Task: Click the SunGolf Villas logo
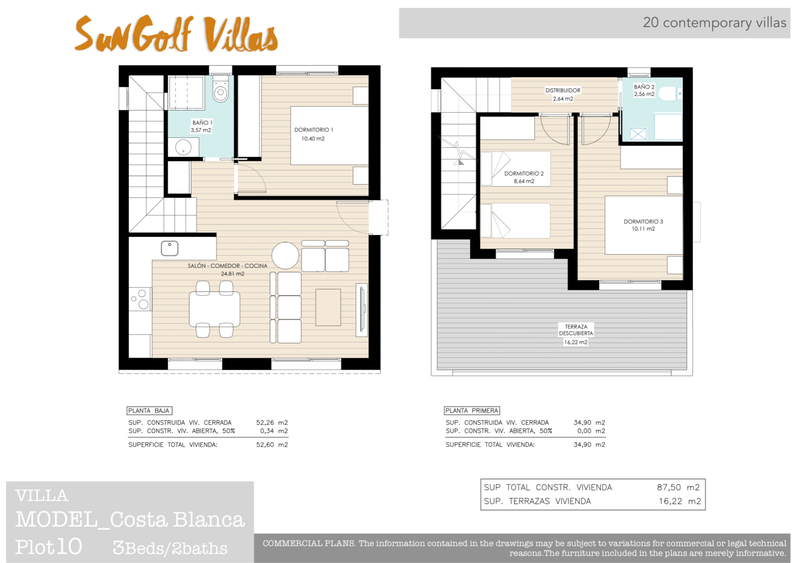pyautogui.click(x=176, y=34)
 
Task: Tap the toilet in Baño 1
pyautogui.click(x=220, y=91)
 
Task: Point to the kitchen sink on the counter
pyautogui.click(x=169, y=248)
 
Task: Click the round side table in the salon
pyautogui.click(x=285, y=255)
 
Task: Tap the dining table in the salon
pyautogui.click(x=214, y=309)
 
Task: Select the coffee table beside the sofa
pyautogui.click(x=328, y=307)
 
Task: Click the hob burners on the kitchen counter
pyautogui.click(x=140, y=299)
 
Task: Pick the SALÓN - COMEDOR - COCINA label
pyautogui.click(x=228, y=266)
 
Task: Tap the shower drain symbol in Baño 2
pyautogui.click(x=638, y=134)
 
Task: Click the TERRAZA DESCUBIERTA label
pyautogui.click(x=576, y=330)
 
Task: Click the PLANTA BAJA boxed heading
pyautogui.click(x=149, y=411)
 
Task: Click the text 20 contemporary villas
pyautogui.click(x=714, y=23)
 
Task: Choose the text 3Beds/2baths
pyautogui.click(x=170, y=548)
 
